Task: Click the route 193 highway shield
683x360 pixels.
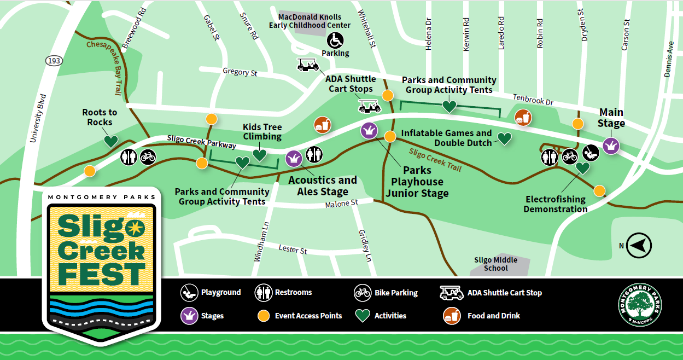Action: (54, 61)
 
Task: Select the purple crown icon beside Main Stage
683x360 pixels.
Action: (610, 146)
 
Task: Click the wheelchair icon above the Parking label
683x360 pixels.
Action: (335, 40)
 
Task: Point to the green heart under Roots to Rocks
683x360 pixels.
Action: (111, 141)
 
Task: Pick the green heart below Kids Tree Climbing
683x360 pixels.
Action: (259, 155)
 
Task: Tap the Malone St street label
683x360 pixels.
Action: (341, 204)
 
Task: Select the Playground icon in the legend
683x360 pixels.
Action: (189, 293)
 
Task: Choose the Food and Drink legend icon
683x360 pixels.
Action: (451, 316)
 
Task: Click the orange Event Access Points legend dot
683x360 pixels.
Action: (264, 316)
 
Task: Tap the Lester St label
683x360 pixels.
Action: (293, 249)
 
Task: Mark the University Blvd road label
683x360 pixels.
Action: (38, 118)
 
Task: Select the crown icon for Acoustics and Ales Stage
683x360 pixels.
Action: (294, 159)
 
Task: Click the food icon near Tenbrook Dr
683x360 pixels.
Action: (523, 117)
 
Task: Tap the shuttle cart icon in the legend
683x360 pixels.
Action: (451, 293)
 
